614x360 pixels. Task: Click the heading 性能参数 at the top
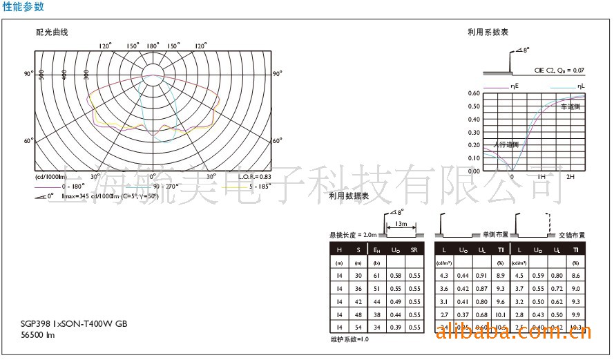tap(23, 7)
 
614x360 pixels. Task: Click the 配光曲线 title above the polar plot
tap(52, 32)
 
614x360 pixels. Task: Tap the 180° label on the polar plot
tap(153, 46)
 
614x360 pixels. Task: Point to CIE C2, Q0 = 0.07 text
tap(559, 70)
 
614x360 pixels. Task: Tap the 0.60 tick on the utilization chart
tap(474, 93)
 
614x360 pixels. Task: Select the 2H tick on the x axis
tap(570, 178)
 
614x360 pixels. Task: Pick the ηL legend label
tap(579, 86)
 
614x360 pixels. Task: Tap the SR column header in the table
tap(413, 249)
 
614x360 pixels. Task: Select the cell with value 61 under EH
tap(376, 276)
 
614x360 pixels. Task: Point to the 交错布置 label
tap(571, 236)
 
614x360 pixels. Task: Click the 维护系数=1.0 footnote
tap(349, 340)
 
